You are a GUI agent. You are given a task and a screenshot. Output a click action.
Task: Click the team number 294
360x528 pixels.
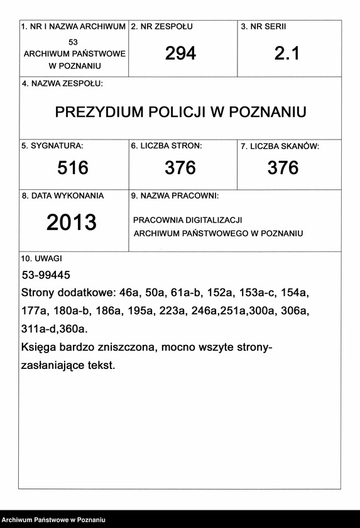(181, 53)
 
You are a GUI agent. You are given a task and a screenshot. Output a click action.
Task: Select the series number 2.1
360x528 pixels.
(287, 53)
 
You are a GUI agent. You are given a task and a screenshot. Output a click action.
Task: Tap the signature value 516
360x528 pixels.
(73, 168)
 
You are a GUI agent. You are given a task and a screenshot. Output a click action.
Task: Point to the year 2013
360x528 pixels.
(72, 222)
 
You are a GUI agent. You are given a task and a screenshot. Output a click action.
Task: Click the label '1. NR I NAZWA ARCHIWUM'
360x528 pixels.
(74, 27)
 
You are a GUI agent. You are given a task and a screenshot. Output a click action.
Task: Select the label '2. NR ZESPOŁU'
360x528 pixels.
(162, 27)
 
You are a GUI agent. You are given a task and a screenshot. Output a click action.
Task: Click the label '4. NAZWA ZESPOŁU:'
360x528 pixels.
(62, 84)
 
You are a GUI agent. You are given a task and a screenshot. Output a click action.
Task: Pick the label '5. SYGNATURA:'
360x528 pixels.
(52, 146)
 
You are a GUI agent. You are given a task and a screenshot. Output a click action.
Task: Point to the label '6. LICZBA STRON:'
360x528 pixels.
(166, 146)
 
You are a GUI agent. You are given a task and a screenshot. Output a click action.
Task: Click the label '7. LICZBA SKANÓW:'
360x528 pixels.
(280, 146)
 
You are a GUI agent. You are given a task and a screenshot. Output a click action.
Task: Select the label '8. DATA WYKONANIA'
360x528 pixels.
(63, 195)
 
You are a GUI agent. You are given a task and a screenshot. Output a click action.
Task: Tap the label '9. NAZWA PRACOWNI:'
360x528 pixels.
(175, 196)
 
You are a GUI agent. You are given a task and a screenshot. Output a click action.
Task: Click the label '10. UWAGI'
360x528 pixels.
(41, 258)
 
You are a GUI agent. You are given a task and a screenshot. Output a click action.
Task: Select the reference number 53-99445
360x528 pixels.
(46, 275)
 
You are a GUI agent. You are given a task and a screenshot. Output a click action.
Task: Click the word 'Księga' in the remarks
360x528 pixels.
(39, 347)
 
